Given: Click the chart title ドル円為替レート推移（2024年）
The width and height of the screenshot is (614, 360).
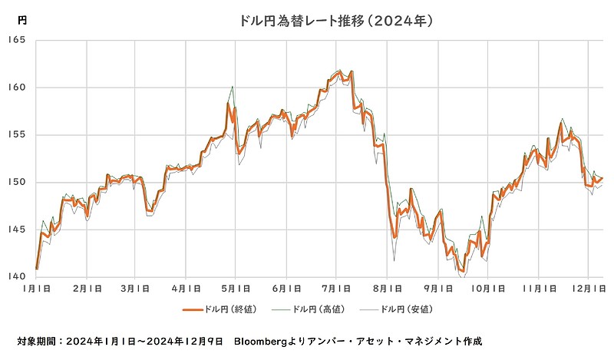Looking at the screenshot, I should point(337,21).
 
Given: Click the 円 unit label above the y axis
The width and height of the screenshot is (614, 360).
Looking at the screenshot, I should point(21,19).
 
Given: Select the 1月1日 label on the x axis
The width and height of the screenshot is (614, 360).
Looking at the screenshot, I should point(36,290).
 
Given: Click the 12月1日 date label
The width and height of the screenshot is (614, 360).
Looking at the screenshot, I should point(588,290).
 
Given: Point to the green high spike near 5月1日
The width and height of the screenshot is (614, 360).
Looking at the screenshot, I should point(232,87).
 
